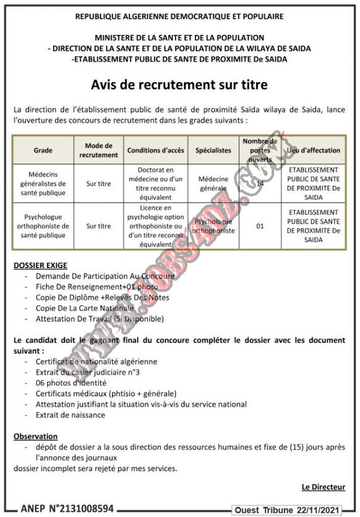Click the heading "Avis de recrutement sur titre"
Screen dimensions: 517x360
pyautogui.click(x=179, y=85)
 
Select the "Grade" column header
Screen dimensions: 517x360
pyautogui.click(x=43, y=150)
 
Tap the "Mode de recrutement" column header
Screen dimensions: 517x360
pyautogui.click(x=98, y=150)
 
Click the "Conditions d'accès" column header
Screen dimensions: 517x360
pyautogui.click(x=156, y=150)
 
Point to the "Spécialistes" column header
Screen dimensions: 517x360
pyautogui.click(x=213, y=150)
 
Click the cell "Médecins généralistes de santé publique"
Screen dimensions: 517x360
pyautogui.click(x=43, y=183)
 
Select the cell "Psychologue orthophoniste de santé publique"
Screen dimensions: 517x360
pyautogui.click(x=43, y=226)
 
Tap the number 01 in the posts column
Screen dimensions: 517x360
pyautogui.click(x=260, y=226)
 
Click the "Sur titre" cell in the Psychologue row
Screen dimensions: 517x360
pyautogui.click(x=98, y=226)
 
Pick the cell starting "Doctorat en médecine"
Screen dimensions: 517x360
pyautogui.click(x=156, y=183)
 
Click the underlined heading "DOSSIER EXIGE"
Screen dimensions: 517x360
pyautogui.click(x=40, y=265)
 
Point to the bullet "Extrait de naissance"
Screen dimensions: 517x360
pyautogui.click(x=71, y=415)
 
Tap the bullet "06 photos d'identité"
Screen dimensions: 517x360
pyautogui.click(x=71, y=383)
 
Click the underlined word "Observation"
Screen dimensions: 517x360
pyautogui.click(x=35, y=436)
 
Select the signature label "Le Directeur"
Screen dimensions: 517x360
pyautogui.click(x=323, y=487)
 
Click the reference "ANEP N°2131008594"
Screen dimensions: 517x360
pyautogui.click(x=67, y=508)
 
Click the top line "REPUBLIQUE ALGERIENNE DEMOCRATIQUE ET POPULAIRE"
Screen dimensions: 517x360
pyautogui.click(x=179, y=17)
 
